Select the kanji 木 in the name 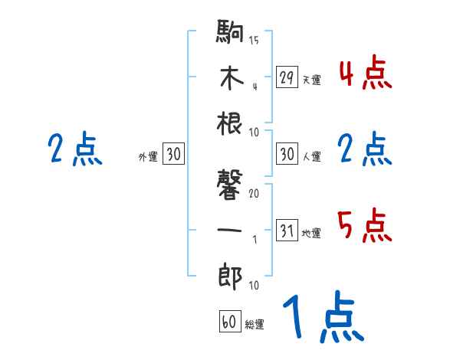[x=230, y=80]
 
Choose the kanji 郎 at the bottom [x=230, y=274]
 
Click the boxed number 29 [x=287, y=77]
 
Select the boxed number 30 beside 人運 [x=287, y=154]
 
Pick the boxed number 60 [x=229, y=322]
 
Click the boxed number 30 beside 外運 [x=173, y=154]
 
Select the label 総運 [x=255, y=325]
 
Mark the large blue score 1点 [x=322, y=318]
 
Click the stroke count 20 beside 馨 [x=254, y=193]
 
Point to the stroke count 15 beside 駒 [x=254, y=41]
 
